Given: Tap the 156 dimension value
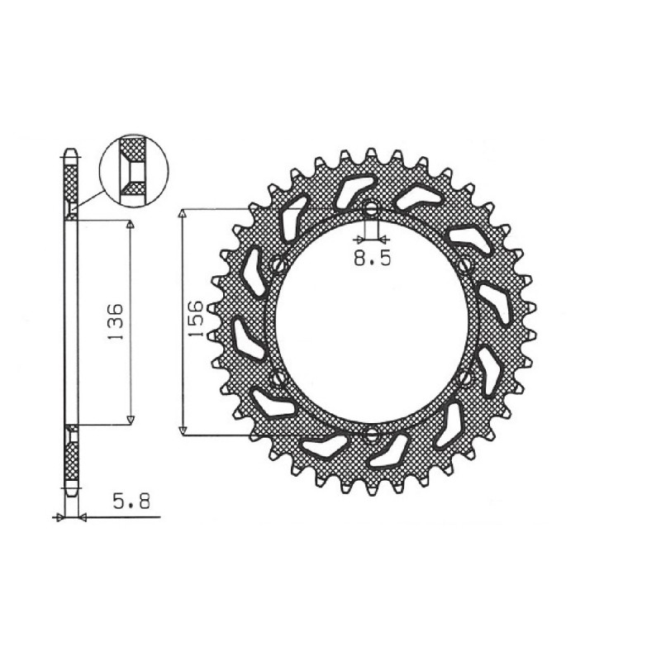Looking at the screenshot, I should pyautogui.click(x=196, y=320).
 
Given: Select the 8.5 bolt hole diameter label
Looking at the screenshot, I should pyautogui.click(x=371, y=259).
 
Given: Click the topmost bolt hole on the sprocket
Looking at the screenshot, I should pyautogui.click(x=371, y=207).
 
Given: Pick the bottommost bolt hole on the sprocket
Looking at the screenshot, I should pyautogui.click(x=371, y=433).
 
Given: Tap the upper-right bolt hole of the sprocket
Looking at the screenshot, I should pyautogui.click(x=465, y=265).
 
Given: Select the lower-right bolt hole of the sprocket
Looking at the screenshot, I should pyautogui.click(x=465, y=378).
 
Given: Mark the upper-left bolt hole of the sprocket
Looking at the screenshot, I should pyautogui.click(x=278, y=265).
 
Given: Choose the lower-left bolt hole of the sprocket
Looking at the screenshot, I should pyautogui.click(x=278, y=378).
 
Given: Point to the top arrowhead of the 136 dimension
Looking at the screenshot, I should pyautogui.click(x=130, y=225).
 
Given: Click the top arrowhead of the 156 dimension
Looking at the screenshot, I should pyautogui.click(x=183, y=214).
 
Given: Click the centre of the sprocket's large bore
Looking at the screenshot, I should pyautogui.click(x=371, y=321).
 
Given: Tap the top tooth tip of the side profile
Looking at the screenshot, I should pyautogui.click(x=71, y=153).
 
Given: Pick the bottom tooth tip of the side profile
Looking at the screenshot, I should pyautogui.click(x=71, y=494).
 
